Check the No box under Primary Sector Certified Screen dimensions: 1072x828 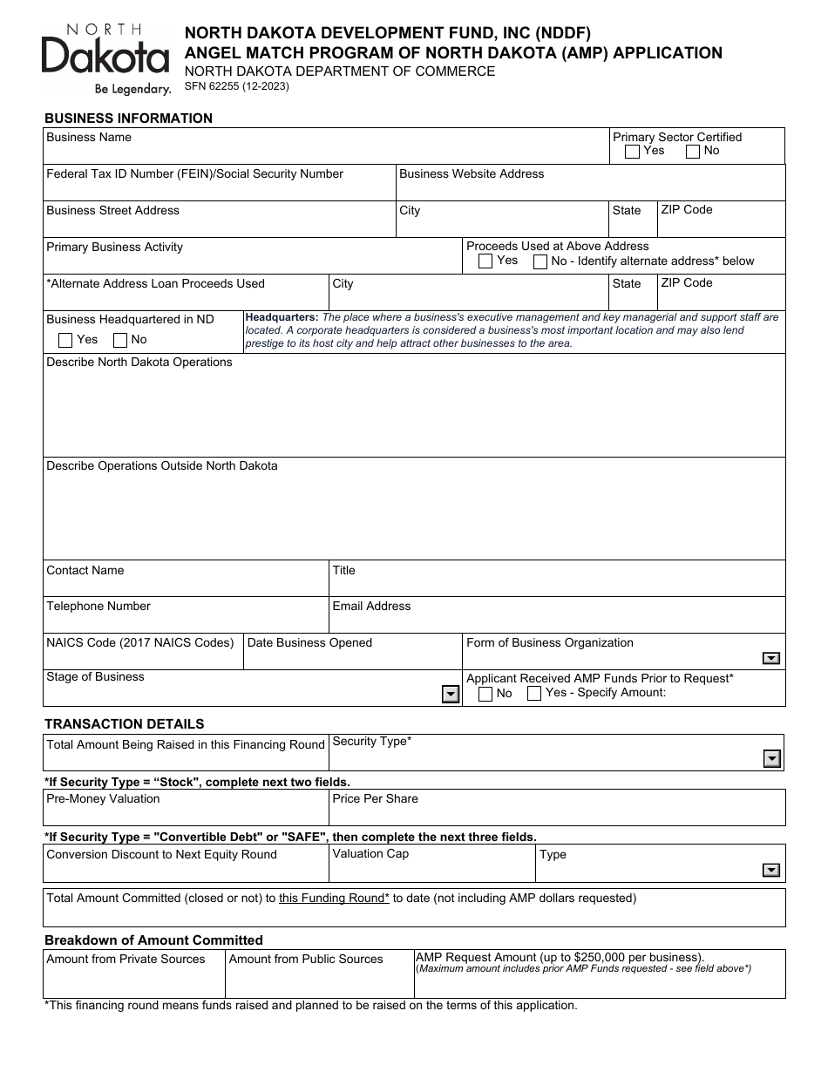[693, 153]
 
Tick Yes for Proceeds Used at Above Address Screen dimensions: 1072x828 [485, 261]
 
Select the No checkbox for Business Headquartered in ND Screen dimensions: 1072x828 [120, 340]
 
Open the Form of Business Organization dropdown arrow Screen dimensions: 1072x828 [770, 659]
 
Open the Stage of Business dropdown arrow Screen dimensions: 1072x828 [450, 694]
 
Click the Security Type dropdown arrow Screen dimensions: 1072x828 [771, 759]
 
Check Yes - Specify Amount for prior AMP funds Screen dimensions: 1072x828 [534, 694]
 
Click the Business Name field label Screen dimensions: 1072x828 [89, 137]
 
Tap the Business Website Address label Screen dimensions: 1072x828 [472, 173]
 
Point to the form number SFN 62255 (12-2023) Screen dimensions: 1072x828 [237, 86]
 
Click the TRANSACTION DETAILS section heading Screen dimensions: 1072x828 [125, 723]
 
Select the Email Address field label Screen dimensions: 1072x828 [371, 606]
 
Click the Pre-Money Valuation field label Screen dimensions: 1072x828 [103, 798]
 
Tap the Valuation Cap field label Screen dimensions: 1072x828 [370, 853]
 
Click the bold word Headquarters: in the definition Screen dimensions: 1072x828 [282, 317]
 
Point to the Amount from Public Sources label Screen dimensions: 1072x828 [306, 959]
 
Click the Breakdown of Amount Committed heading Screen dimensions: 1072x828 [153, 940]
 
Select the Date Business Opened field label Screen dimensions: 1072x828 [309, 642]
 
